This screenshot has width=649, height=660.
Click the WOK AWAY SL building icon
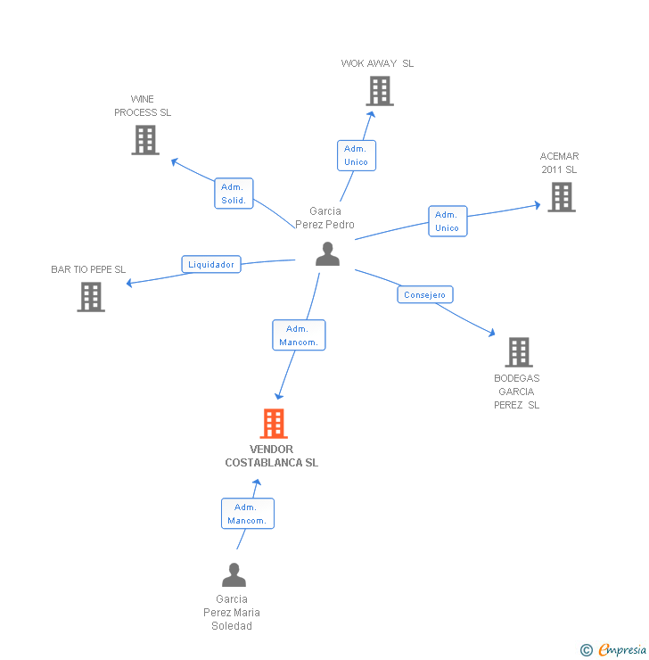[x=379, y=91]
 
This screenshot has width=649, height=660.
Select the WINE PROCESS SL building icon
[x=145, y=140]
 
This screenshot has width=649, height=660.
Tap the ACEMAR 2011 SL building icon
[x=561, y=197]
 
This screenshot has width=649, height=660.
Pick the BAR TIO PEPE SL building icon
[x=91, y=297]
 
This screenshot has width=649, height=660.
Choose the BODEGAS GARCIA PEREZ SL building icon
[x=518, y=352]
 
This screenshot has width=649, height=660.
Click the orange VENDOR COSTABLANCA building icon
[x=274, y=424]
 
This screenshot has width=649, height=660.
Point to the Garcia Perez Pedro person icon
[x=328, y=254]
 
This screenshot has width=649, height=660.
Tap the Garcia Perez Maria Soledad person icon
[x=234, y=575]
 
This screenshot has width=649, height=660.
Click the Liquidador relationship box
[x=211, y=265]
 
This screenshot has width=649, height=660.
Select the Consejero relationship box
[x=425, y=295]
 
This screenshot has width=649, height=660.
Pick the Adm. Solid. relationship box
[x=234, y=194]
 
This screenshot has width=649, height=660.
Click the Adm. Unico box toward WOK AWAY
[x=356, y=155]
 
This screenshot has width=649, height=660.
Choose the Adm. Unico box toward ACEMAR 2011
[x=447, y=221]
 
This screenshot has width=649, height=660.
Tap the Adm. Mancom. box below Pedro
[x=298, y=335]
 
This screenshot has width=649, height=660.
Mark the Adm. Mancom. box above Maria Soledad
[x=247, y=514]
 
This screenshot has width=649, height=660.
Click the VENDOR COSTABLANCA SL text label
[x=271, y=456]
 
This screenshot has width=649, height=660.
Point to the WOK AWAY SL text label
[x=377, y=63]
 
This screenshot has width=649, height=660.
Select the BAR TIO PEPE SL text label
[x=88, y=269]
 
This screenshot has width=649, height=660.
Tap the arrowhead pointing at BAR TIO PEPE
[x=130, y=284]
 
